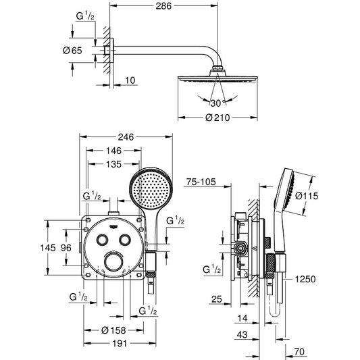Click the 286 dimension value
(163, 6)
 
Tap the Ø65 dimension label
(72, 51)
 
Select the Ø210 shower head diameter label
(217, 118)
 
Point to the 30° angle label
(217, 103)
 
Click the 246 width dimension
(126, 137)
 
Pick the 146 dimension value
(113, 151)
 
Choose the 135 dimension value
(113, 164)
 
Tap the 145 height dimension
(48, 248)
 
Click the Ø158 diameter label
(113, 330)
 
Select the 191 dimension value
(120, 344)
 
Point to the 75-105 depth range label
(201, 182)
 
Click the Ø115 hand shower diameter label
(307, 196)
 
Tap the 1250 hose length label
(305, 279)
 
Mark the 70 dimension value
(300, 352)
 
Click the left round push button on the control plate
(102, 240)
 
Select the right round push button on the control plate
(125, 240)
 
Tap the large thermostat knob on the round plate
(113, 262)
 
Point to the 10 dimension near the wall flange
(130, 80)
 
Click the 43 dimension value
(242, 335)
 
